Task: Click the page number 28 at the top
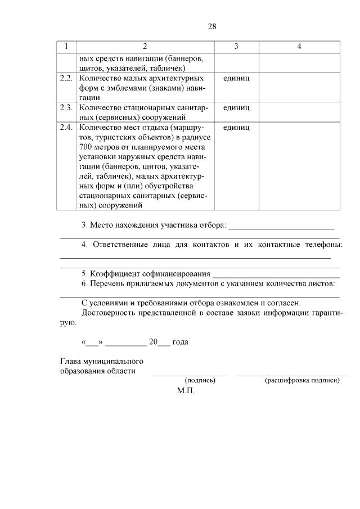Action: [x=212, y=26]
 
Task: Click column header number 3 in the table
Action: [x=236, y=46]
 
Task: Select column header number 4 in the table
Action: [x=299, y=46]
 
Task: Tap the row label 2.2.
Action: [x=66, y=79]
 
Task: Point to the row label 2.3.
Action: [x=66, y=107]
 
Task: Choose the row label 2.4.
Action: [x=66, y=128]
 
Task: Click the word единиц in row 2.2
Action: [x=236, y=79]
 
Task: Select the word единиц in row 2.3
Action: [x=236, y=107]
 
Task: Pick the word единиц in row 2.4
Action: [x=236, y=128]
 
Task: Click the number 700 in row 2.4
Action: [x=87, y=147]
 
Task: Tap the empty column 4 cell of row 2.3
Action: [x=299, y=112]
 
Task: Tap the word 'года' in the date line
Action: [x=180, y=341]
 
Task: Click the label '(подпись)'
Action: [x=200, y=381]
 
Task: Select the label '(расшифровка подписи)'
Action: [x=301, y=381]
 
